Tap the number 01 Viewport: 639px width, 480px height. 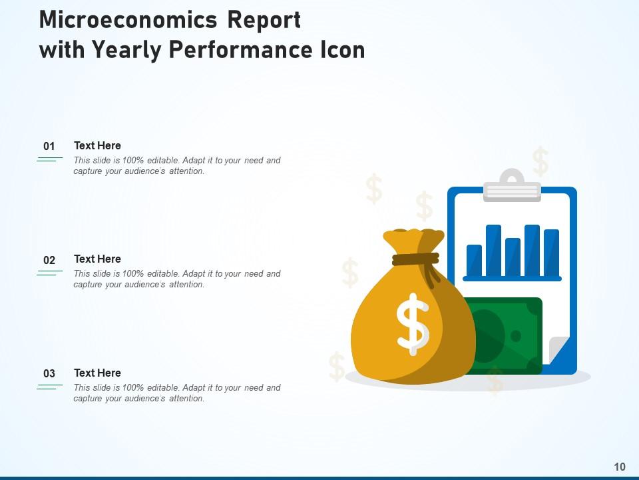49,147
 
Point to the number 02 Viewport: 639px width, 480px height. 49,260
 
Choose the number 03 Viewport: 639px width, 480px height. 49,374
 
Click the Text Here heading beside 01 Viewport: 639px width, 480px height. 97,145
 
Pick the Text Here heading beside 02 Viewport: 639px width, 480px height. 97,259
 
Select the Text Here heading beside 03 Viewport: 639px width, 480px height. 97,373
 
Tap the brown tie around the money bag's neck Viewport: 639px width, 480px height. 415,259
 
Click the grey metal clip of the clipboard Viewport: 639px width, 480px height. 512,187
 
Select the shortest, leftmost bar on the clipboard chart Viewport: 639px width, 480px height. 474,260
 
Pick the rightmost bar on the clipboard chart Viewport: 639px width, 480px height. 551,252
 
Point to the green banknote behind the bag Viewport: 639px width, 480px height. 506,333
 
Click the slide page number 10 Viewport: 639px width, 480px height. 620,467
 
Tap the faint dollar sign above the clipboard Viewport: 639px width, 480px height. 540,162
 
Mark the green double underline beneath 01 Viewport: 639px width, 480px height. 49,159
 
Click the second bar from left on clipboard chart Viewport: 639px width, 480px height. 493,250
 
